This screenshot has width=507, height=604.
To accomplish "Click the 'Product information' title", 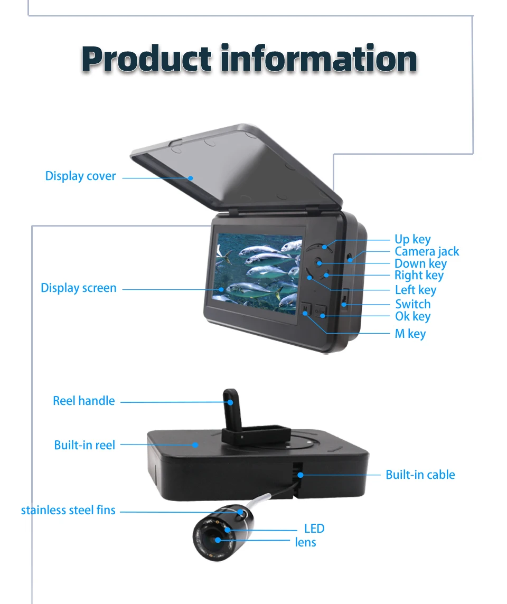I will (x=249, y=59).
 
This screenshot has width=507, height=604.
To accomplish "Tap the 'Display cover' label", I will (x=80, y=176).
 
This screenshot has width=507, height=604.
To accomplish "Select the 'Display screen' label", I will (x=78, y=288).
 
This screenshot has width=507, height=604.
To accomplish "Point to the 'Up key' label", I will (x=412, y=240).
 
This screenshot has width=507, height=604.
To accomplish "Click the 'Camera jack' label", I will (x=427, y=252).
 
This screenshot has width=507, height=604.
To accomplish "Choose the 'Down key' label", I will (x=420, y=263).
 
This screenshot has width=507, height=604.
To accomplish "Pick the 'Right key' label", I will (x=419, y=275).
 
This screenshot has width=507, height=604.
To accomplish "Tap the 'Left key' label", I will (x=416, y=290).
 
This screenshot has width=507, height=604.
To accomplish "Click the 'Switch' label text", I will (x=412, y=304).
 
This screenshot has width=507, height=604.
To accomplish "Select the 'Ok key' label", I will (x=412, y=316).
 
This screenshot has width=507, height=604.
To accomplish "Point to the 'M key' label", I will (x=410, y=334).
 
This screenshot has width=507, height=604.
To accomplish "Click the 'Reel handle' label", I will (x=83, y=401).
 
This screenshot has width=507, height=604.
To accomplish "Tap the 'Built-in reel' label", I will (x=84, y=445).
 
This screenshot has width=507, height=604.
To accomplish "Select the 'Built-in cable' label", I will (x=420, y=475).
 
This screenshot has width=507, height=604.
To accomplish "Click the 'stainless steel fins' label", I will (x=68, y=510).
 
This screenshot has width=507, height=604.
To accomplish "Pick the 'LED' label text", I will (x=314, y=528).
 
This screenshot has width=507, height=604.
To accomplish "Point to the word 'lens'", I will (x=305, y=542).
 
